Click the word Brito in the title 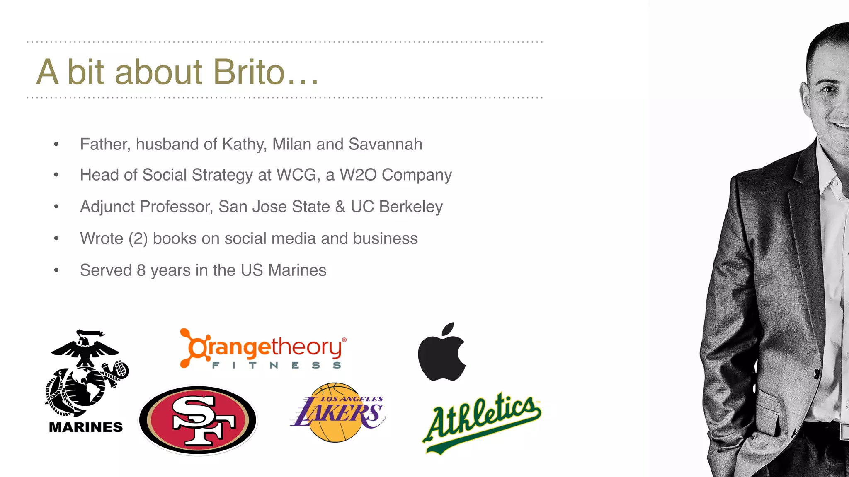click(249, 72)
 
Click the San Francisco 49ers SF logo click(198, 420)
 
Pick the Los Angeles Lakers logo click(337, 412)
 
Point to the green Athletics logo click(482, 422)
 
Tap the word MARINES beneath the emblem click(86, 427)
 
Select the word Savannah click(385, 145)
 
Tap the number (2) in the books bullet click(138, 239)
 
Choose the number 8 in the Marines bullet click(141, 270)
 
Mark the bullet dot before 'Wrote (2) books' click(56, 238)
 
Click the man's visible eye click(829, 89)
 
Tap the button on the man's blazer click(816, 374)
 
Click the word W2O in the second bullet click(358, 175)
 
